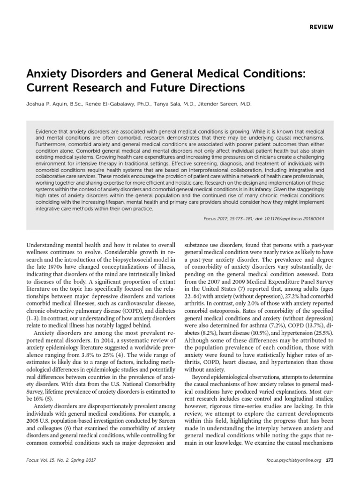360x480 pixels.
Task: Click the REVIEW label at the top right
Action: click(321, 27)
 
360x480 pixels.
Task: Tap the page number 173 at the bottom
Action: click(329, 473)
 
